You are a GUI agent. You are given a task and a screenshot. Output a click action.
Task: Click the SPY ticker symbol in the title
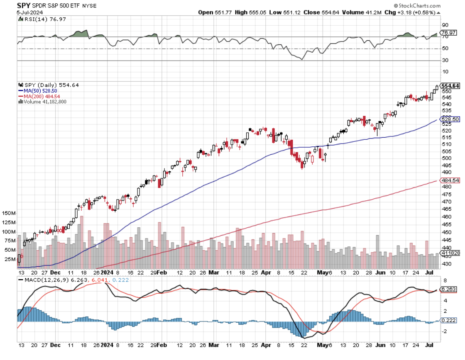click(x=24, y=5)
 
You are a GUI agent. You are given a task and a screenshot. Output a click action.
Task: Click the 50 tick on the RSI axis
click(x=444, y=49)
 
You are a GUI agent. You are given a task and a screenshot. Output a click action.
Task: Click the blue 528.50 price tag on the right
click(x=450, y=119)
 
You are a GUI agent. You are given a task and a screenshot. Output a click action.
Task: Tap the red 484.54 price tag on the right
click(x=450, y=180)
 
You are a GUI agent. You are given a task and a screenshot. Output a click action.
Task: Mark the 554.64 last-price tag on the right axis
click(x=450, y=86)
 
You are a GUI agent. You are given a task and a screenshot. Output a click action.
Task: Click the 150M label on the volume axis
click(x=9, y=213)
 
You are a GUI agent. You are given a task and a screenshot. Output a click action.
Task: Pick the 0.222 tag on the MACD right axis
click(x=448, y=321)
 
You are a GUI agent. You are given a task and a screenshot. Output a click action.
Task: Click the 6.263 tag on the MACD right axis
click(x=448, y=289)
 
